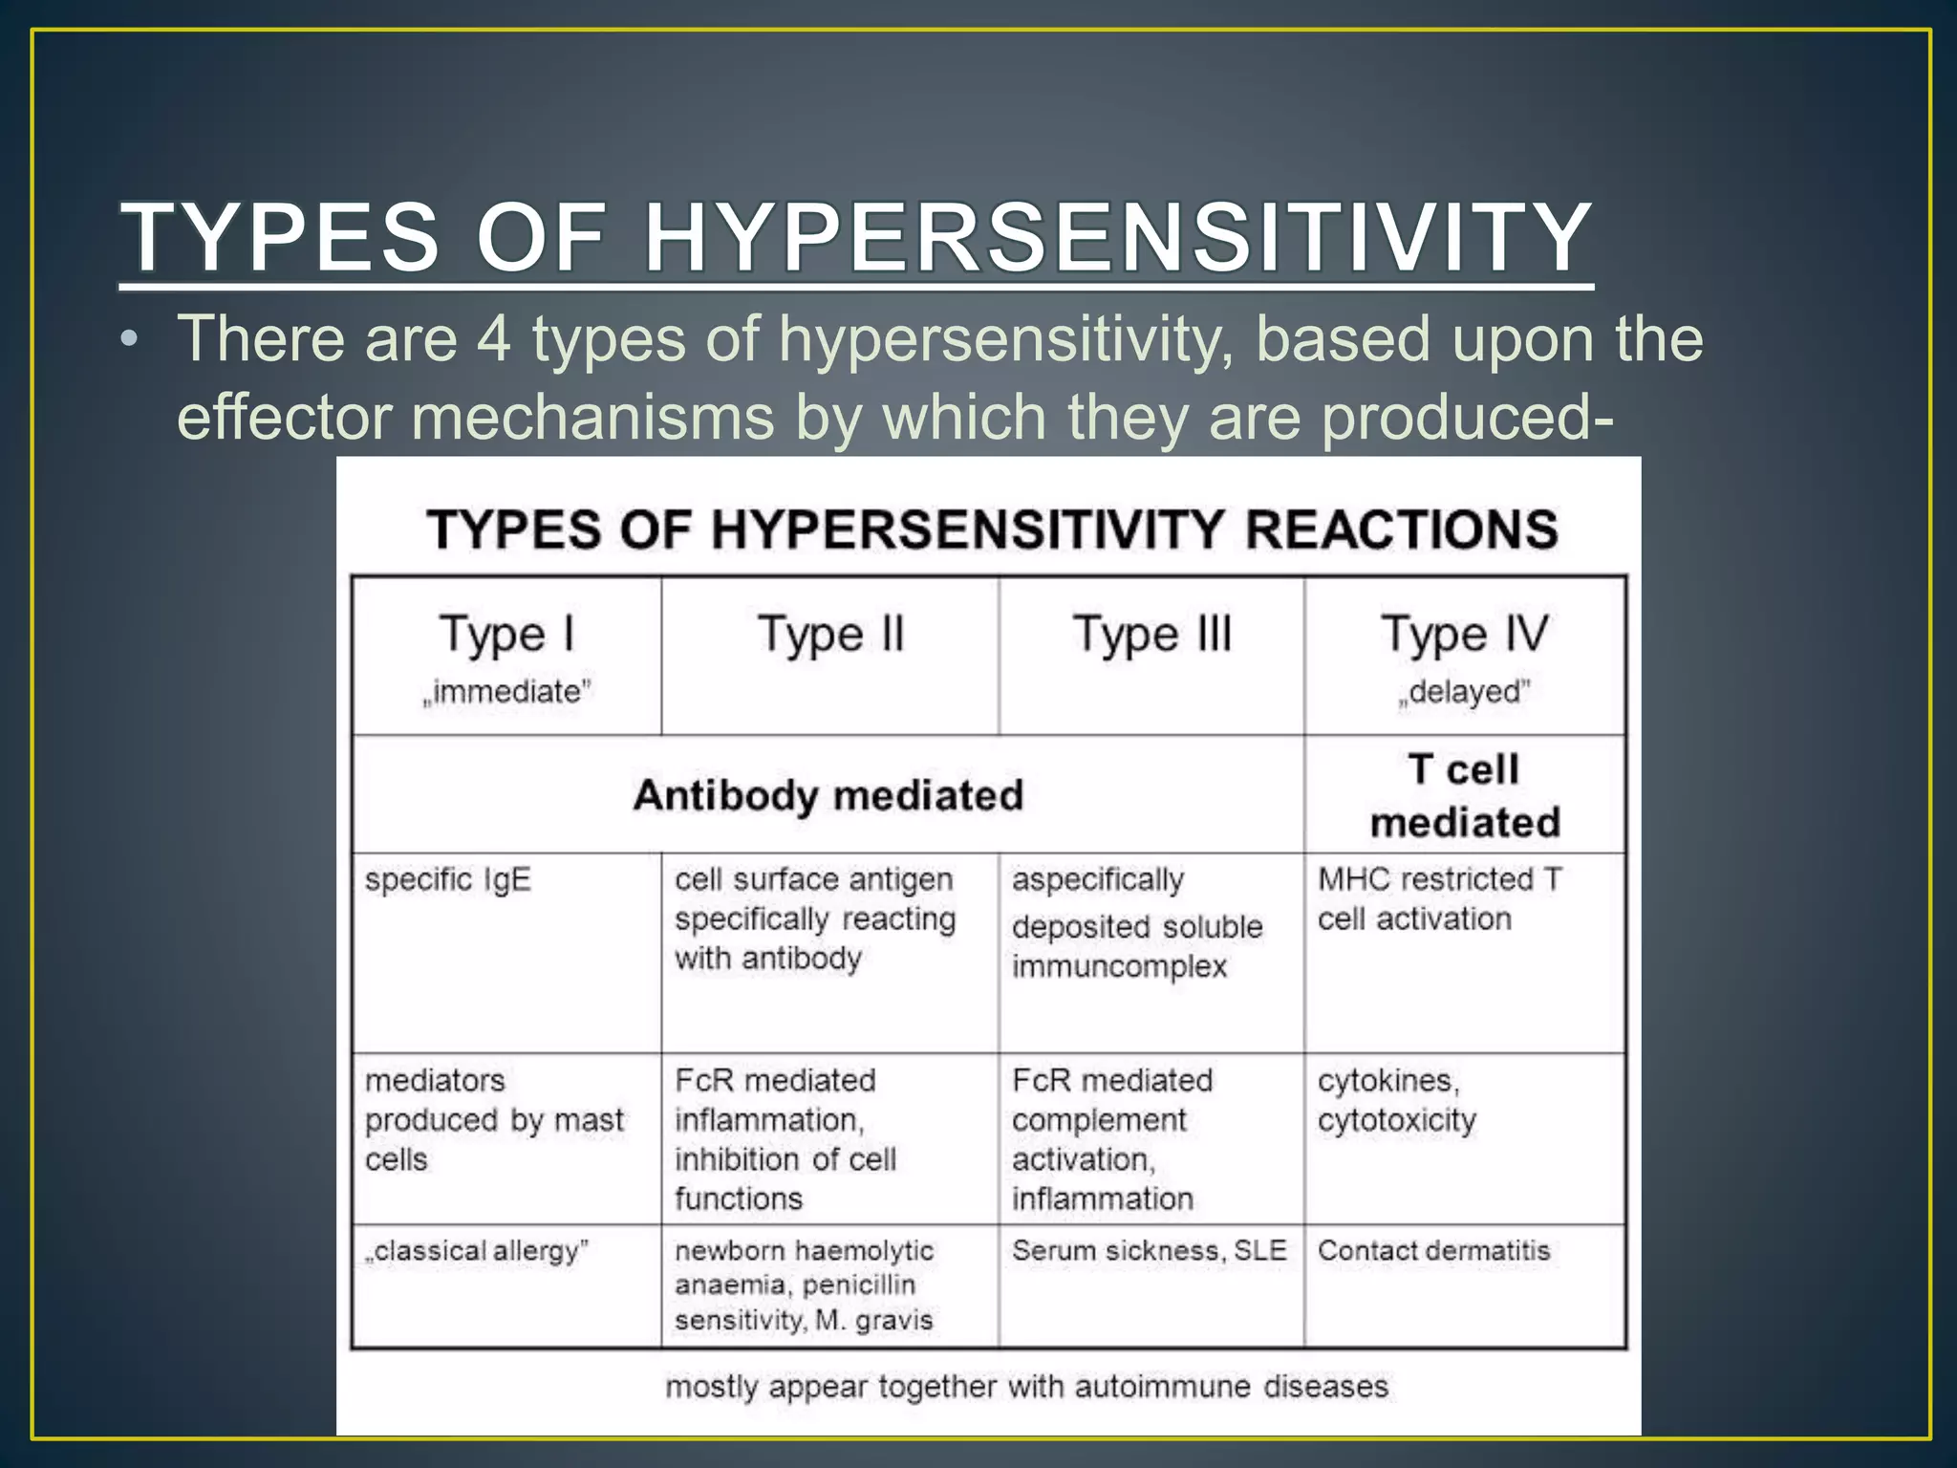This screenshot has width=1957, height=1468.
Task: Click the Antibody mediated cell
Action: pyautogui.click(x=828, y=795)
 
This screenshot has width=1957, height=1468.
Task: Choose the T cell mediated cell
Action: pyautogui.click(x=1464, y=795)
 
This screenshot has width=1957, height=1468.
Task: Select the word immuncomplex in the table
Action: pyautogui.click(x=1119, y=966)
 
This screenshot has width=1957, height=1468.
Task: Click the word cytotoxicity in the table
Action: pyautogui.click(x=1396, y=1120)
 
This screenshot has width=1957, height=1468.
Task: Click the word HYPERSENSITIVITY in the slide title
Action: pyautogui.click(x=1117, y=237)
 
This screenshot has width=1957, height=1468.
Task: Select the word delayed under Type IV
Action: pyautogui.click(x=1465, y=691)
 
